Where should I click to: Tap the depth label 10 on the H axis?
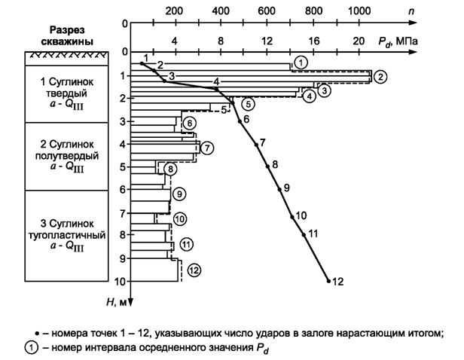coord(120,282)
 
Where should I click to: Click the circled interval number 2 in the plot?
coord(381,76)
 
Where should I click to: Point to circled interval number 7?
coord(208,147)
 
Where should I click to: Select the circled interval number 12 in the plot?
coord(194,270)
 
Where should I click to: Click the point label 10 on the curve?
coord(301,216)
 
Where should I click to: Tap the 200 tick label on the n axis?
coord(174,11)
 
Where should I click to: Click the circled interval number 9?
coord(179,194)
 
